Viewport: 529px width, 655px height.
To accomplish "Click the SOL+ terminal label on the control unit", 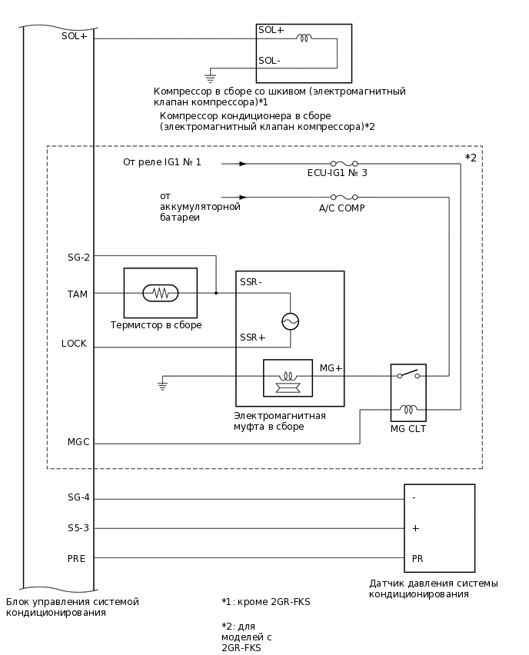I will point(75,35).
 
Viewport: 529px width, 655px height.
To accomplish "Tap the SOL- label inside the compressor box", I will point(269,61).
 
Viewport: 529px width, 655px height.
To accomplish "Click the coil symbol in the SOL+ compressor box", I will point(304,37).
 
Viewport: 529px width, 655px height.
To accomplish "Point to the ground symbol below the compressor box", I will point(209,77).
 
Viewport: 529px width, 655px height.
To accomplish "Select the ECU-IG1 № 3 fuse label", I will point(337,173).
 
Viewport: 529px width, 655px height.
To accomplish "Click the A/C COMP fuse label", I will point(341,208).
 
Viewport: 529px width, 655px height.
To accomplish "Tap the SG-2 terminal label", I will point(78,258).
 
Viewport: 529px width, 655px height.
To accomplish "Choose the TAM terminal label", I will point(78,294).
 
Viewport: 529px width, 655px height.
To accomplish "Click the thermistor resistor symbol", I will point(161,293).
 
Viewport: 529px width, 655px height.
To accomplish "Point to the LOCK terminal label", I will point(75,344).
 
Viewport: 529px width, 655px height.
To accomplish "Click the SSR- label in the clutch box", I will point(251,282).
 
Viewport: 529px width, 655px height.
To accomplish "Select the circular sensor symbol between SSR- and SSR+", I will point(290,321).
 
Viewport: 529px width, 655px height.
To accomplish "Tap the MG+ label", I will point(331,369).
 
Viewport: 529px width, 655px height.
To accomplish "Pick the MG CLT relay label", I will point(408,429).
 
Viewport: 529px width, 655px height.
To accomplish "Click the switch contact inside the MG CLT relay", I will point(408,374).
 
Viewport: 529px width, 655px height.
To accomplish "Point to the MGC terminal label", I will point(78,442).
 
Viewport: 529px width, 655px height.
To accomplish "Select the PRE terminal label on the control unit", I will point(77,558).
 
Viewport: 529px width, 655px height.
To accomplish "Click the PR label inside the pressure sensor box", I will point(418,558).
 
